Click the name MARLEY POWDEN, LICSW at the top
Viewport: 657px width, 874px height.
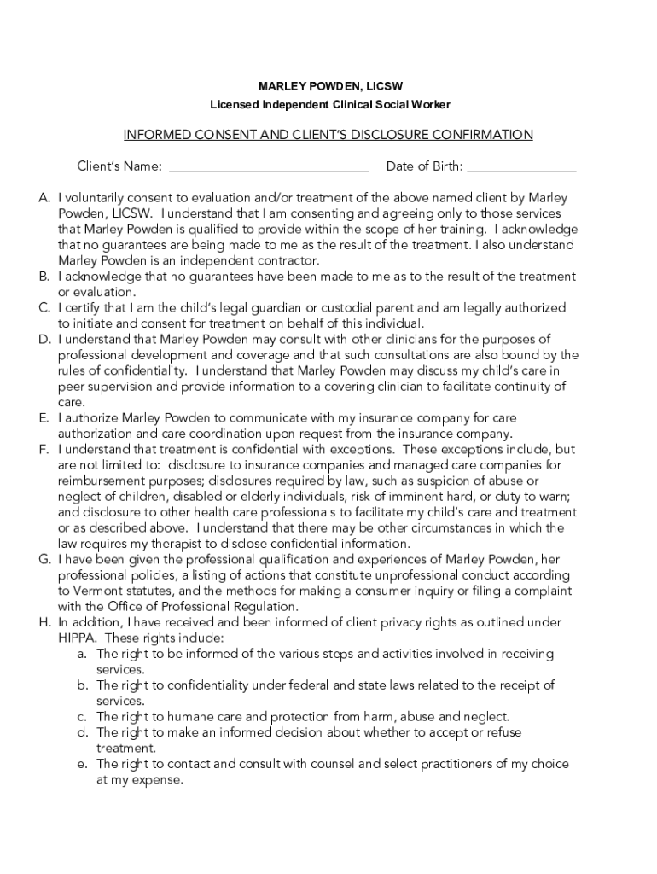point(330,87)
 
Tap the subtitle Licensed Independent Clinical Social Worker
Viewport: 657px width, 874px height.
point(330,104)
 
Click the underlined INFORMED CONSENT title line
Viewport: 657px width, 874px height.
point(328,135)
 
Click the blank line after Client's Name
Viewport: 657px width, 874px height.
point(268,167)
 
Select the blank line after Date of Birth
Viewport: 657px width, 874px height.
point(521,167)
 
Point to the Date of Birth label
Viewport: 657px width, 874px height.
point(424,166)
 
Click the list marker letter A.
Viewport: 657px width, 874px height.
point(44,198)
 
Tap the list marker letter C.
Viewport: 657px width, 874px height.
point(44,307)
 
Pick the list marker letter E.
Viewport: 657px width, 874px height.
point(44,418)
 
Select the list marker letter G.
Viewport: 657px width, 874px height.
point(44,559)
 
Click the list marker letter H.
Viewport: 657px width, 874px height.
point(44,622)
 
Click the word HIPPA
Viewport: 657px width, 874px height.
point(78,638)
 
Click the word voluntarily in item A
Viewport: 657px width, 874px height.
point(104,198)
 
